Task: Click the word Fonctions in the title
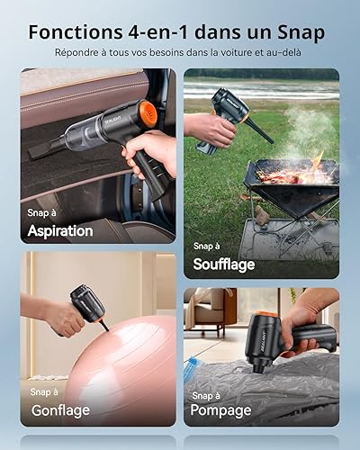[x=76, y=31]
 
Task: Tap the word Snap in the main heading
[x=301, y=33]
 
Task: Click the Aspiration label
[x=60, y=231]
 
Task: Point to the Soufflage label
[x=224, y=265]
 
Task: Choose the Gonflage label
[x=60, y=410]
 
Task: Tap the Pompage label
[x=220, y=410]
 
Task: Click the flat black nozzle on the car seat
[x=45, y=149]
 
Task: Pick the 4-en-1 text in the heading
[x=160, y=31]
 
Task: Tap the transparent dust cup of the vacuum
[x=78, y=134]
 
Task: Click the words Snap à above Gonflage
[x=44, y=391]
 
